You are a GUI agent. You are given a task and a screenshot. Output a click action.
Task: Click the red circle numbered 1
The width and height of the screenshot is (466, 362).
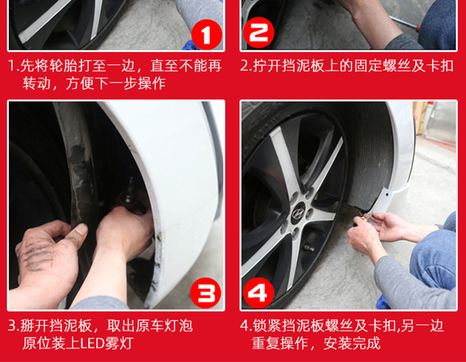pos(206,35)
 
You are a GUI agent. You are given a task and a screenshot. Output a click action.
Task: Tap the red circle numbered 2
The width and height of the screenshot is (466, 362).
pos(258,32)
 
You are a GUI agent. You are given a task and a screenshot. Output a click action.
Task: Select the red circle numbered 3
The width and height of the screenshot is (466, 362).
pos(206,292)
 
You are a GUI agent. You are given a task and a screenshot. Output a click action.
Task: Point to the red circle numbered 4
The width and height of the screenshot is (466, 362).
pos(258,292)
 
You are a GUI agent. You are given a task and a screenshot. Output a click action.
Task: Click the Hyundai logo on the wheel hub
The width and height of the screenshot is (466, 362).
pos(298,213)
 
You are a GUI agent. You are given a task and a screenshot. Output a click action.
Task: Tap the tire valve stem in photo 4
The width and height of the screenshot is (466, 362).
pos(307,247)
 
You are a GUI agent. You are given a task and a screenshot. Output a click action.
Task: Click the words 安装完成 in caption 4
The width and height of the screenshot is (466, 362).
pos(352,343)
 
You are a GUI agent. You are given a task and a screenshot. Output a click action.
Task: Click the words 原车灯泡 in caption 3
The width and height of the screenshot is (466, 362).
pos(165,326)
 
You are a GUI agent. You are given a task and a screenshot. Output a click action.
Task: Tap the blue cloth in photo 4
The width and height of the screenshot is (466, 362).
pos(384,302)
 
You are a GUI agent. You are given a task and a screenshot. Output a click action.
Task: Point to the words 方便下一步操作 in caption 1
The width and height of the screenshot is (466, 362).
pos(116,84)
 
